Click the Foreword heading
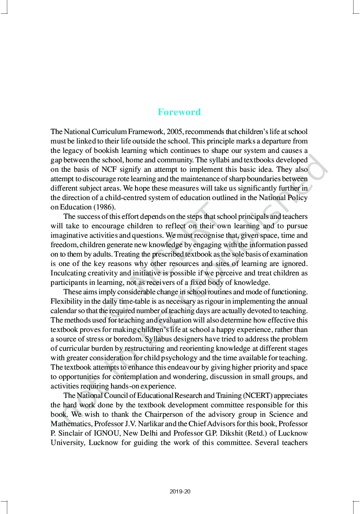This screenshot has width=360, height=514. pyautogui.click(x=179, y=112)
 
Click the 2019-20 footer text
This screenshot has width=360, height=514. pyautogui.click(x=180, y=491)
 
